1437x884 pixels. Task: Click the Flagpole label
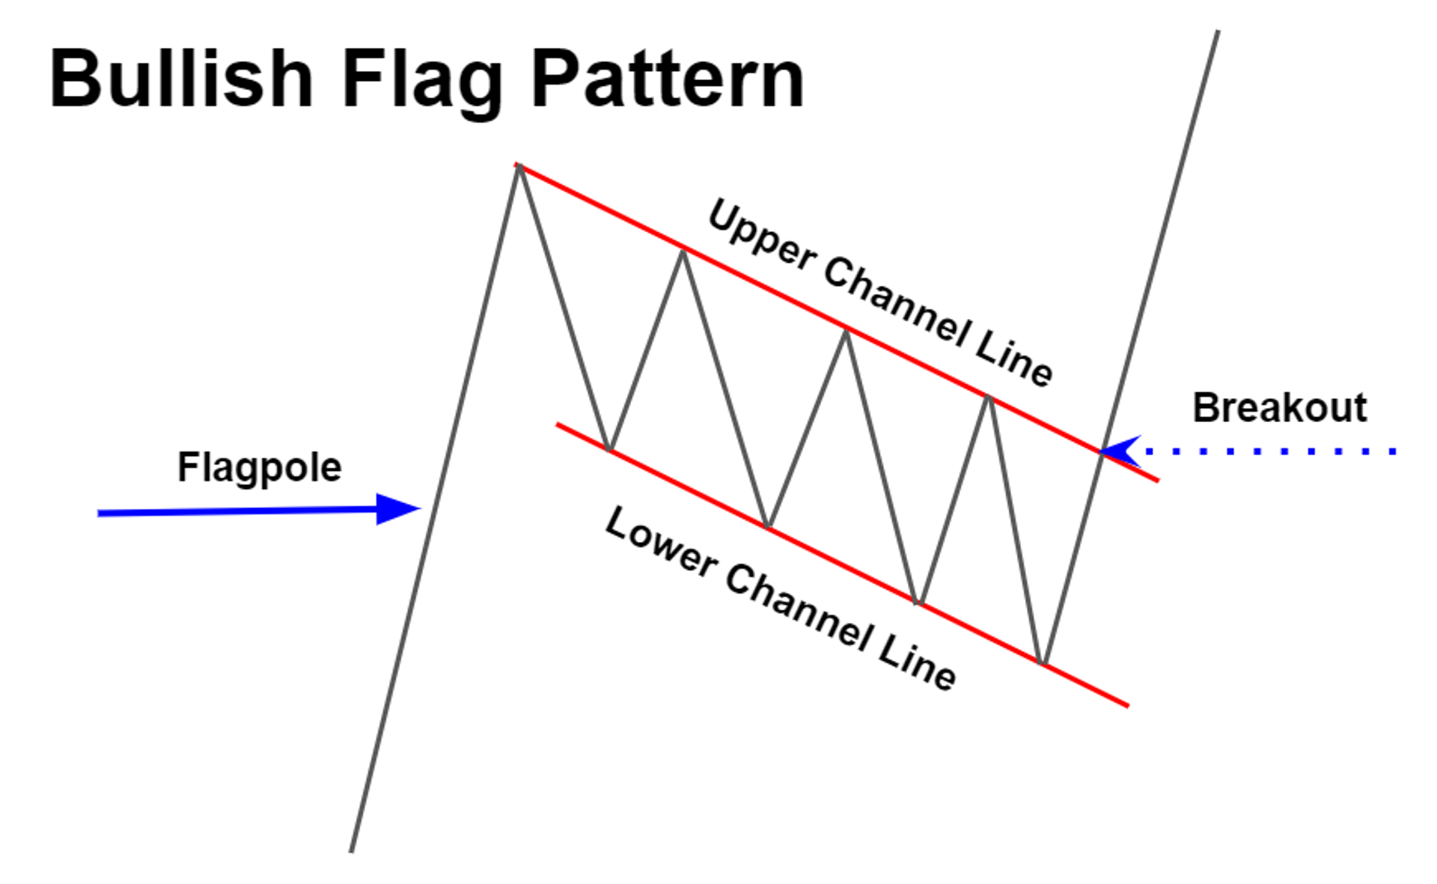click(259, 468)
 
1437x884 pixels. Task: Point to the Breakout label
click(1279, 408)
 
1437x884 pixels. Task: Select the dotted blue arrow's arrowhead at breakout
click(1120, 451)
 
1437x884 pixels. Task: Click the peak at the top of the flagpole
click(518, 166)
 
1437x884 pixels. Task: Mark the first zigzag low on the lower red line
click(609, 450)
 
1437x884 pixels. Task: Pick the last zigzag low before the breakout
click(1042, 662)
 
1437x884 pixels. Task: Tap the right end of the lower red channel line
click(1126, 704)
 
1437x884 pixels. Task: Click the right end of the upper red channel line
click(1157, 480)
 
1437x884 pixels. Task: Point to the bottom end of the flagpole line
click(351, 851)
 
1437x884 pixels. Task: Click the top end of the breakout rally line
click(1218, 31)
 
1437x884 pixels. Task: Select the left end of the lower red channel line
click(558, 424)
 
